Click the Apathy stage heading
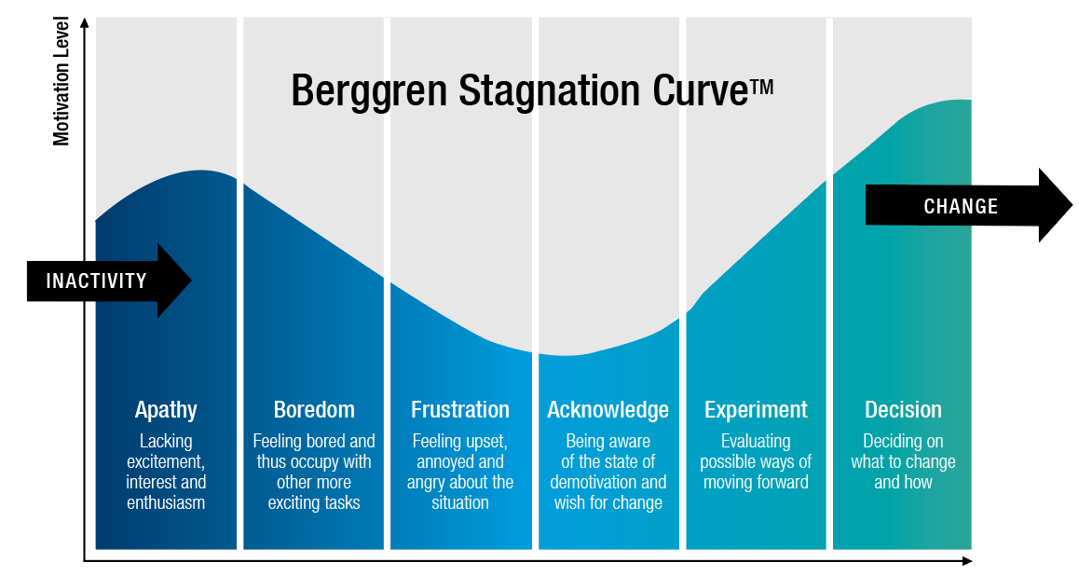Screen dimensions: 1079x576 (166, 409)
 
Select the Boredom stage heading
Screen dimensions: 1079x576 (314, 409)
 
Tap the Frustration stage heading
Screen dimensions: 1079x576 (460, 409)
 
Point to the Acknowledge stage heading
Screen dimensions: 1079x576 (608, 410)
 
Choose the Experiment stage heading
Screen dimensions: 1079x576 (756, 410)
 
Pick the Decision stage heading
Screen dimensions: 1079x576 (903, 409)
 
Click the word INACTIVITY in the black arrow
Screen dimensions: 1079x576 (96, 281)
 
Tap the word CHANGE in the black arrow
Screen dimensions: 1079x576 (961, 206)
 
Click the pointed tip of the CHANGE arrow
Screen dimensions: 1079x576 (1072, 204)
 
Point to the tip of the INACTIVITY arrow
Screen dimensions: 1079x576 (191, 281)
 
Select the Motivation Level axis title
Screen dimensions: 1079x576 (61, 82)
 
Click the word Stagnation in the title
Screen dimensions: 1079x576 (549, 90)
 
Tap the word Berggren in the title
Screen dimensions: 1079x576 (369, 90)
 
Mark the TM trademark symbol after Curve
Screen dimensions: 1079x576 (762, 88)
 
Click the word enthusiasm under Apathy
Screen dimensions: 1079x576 (166, 502)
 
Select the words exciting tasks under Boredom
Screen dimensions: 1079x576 (314, 503)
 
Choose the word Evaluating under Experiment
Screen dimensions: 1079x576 (756, 441)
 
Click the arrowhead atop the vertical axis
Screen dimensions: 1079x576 (85, 22)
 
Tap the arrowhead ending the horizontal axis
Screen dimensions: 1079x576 (967, 561)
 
